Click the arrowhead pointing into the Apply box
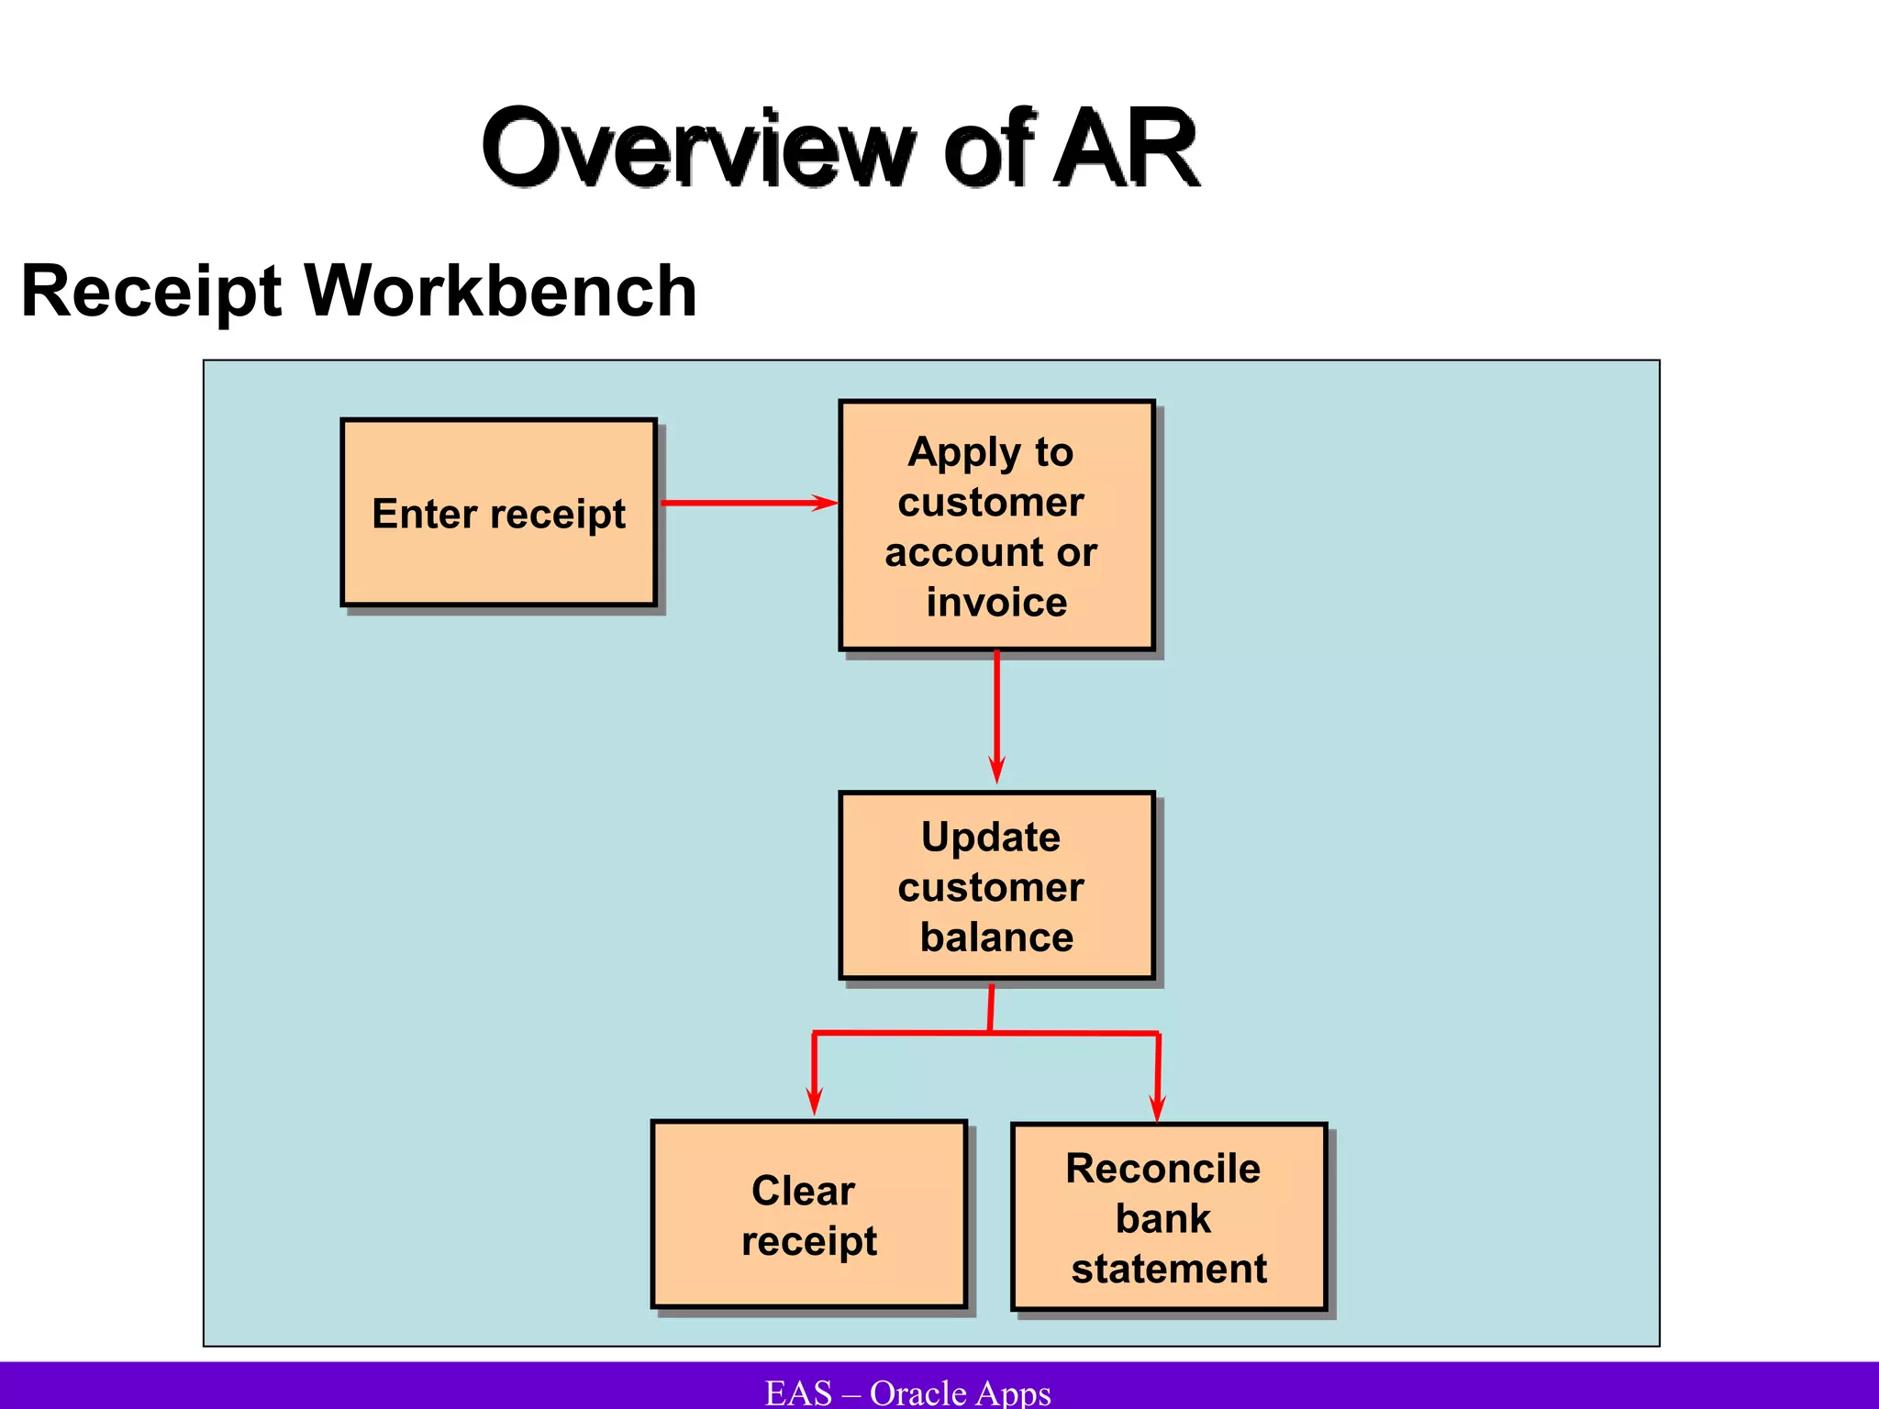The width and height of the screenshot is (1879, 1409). (x=825, y=503)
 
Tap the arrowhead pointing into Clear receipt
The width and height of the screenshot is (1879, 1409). (x=814, y=1100)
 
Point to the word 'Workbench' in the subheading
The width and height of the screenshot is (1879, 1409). (x=501, y=292)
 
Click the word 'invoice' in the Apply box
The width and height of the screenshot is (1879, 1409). (x=996, y=603)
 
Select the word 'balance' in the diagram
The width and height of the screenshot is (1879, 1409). (x=996, y=937)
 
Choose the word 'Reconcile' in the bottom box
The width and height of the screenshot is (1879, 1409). (x=1162, y=1169)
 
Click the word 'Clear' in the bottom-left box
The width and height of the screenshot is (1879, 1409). (x=803, y=1191)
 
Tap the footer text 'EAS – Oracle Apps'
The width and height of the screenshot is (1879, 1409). (x=908, y=1392)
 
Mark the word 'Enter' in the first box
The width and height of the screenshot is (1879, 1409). (x=418, y=514)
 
